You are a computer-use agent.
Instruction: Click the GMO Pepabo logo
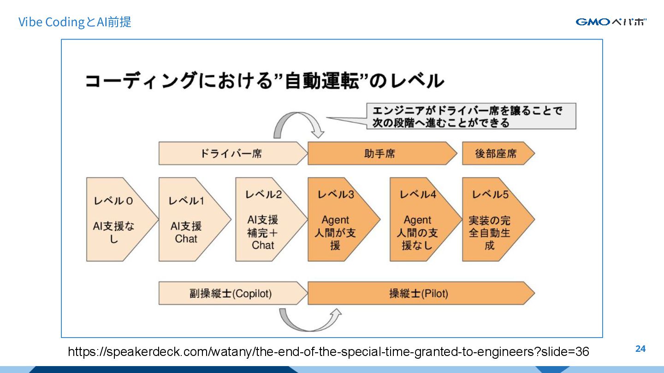coord(611,22)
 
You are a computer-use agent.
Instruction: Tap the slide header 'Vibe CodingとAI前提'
coord(75,22)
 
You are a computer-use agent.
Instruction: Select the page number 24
coord(640,349)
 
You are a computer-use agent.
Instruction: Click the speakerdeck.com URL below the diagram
coord(328,352)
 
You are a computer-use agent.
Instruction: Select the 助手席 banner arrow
coord(380,153)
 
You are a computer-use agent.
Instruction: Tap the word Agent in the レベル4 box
coord(417,220)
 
